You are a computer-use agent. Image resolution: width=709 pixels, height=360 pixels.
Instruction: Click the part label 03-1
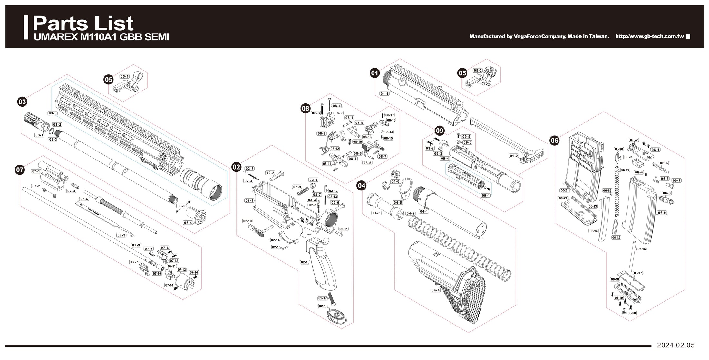pos(39,135)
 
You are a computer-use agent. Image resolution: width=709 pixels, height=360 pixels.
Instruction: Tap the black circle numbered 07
pos(20,170)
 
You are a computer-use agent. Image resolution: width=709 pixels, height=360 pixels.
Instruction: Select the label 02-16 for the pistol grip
pos(305,262)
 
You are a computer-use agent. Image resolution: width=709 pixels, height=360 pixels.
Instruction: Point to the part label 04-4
pos(435,290)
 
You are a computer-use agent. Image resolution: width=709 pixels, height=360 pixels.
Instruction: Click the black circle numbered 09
pos(440,131)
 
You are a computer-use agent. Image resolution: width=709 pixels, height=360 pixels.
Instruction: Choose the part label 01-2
pos(514,156)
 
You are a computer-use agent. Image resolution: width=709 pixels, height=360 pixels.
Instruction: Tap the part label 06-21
pos(564,190)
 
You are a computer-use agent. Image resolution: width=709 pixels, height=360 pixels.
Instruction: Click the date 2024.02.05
pos(676,345)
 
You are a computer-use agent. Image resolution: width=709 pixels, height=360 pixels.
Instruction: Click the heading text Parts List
pos(83,23)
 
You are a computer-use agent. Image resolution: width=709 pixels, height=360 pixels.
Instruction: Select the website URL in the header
pos(649,36)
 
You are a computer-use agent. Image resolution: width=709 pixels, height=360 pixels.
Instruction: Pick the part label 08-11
pos(327,164)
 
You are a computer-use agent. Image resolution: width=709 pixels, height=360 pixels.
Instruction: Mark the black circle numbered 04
pos(362,185)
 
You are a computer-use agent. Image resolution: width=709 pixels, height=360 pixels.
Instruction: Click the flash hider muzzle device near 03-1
pos(36,122)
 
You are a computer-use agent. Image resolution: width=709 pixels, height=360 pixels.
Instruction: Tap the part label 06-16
pos(641,249)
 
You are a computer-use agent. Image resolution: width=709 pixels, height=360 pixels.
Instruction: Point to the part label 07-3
pos(121,235)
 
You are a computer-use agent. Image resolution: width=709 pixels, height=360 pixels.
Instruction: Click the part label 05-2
pos(478,71)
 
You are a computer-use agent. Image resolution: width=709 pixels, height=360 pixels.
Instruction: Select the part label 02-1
pos(249,200)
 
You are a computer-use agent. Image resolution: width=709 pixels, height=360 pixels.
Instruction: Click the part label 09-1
pos(486,195)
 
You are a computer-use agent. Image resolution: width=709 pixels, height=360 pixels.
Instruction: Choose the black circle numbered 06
pos(554,140)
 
